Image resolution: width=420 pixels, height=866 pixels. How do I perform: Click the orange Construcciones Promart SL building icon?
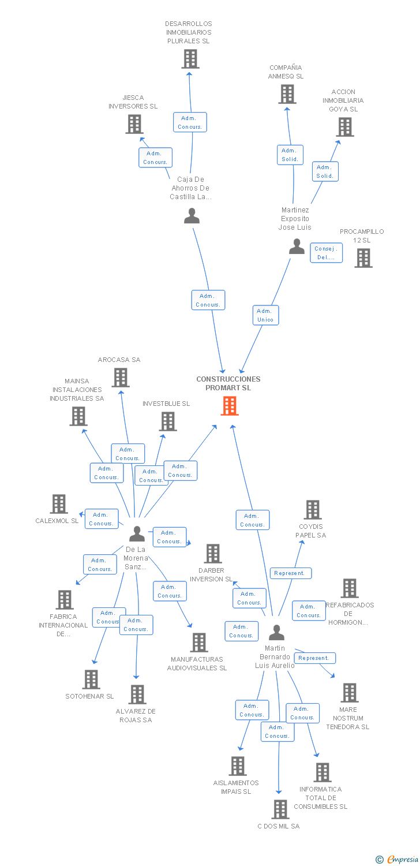230,406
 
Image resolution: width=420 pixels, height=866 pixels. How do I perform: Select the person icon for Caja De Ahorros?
192,216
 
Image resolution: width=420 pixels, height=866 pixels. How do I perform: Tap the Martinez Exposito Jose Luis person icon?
297,247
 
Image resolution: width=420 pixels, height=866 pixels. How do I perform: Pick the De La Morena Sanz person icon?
137,533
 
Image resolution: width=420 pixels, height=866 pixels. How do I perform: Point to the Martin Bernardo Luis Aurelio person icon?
277,633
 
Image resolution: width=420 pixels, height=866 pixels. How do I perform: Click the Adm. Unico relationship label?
265,315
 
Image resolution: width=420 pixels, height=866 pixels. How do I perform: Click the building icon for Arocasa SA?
120,378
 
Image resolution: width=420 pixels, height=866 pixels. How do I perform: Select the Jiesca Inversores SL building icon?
134,124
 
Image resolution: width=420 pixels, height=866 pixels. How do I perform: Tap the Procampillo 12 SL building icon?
363,258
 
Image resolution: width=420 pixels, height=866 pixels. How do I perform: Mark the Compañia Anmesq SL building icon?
287,94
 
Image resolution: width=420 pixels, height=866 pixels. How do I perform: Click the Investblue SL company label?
166,404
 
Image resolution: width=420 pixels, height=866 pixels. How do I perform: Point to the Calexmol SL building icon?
59,504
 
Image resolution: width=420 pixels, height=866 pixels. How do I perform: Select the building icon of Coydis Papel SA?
313,510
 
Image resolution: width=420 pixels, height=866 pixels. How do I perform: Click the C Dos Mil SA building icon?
280,809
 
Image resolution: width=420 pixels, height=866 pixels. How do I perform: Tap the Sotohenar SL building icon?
91,680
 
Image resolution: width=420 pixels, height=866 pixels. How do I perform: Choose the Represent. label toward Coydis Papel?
291,573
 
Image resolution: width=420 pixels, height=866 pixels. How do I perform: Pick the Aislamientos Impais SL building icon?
237,766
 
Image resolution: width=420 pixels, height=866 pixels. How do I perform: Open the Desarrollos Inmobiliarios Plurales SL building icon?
190,59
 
